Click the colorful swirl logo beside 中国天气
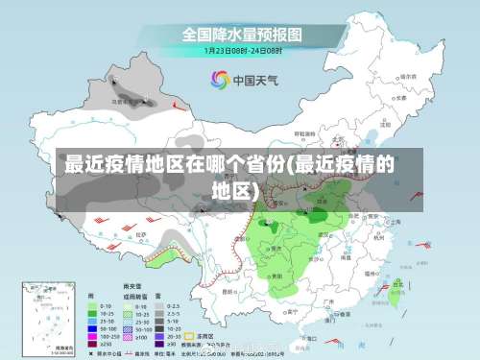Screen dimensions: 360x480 click(x=221, y=79)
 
